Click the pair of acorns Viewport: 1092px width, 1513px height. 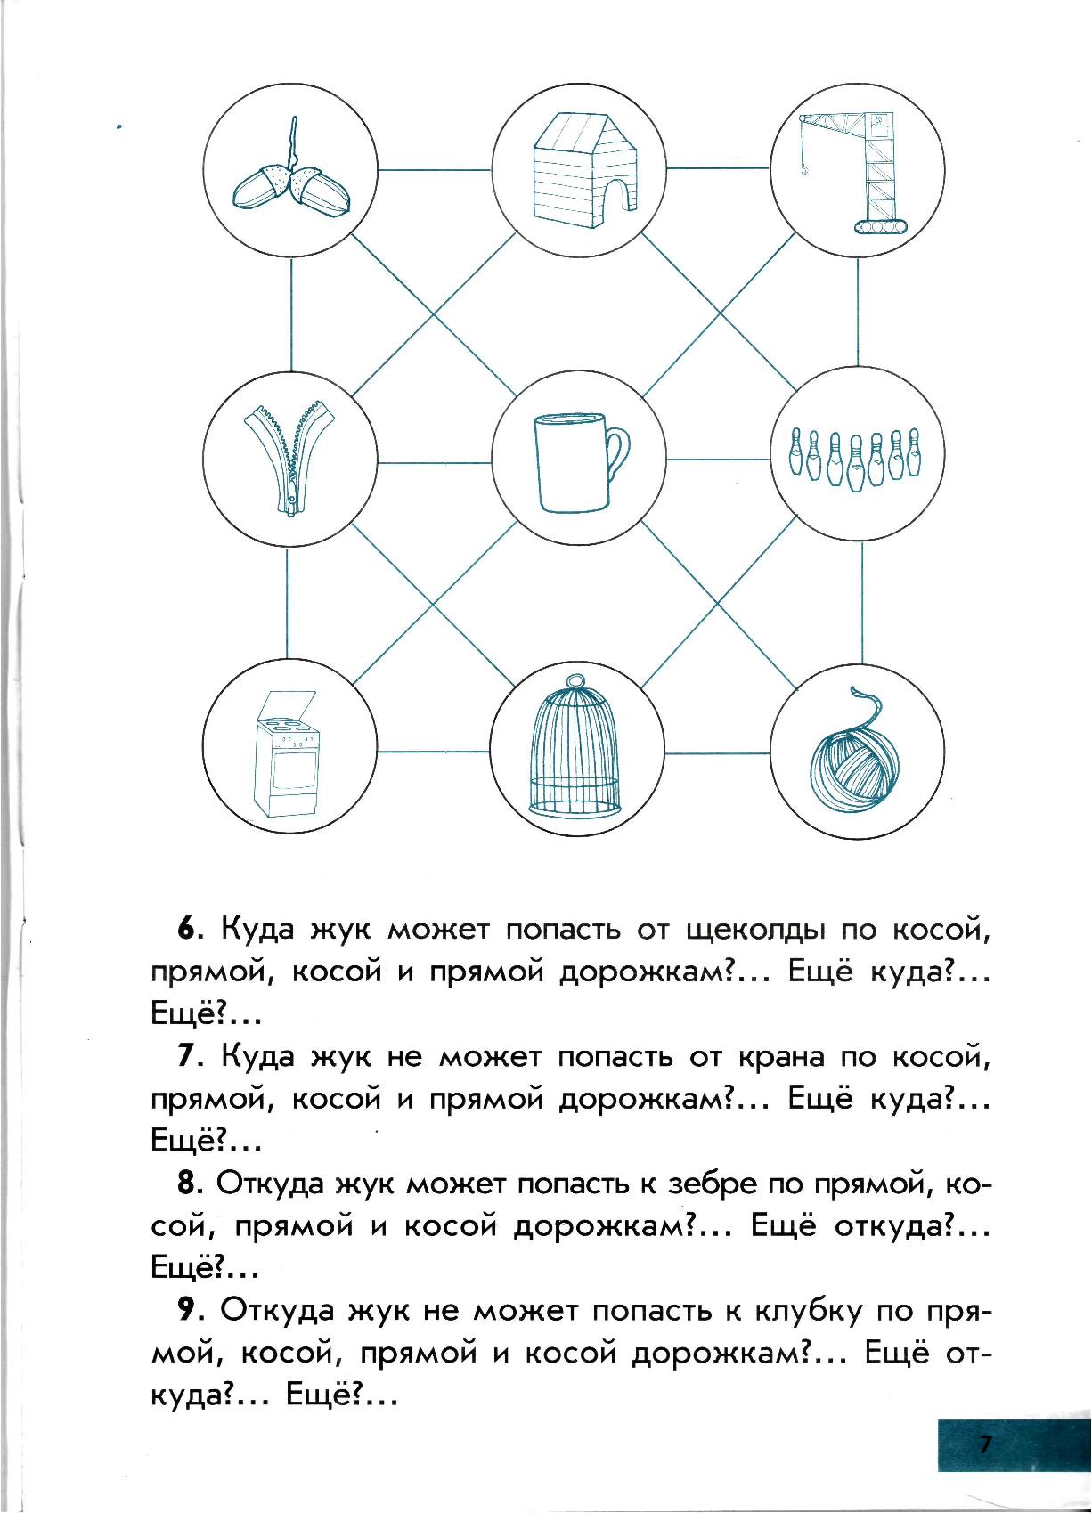pos(290,182)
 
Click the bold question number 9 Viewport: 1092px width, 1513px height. pos(189,1310)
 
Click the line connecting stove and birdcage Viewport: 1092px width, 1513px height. pos(434,752)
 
